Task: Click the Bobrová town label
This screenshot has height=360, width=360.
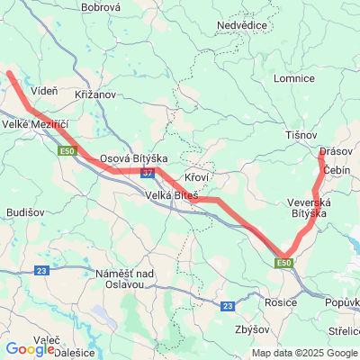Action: [x=101, y=7]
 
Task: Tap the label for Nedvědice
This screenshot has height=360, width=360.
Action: [x=244, y=25]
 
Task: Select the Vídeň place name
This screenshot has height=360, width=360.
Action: [x=44, y=91]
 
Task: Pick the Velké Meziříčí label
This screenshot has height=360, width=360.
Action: [x=35, y=124]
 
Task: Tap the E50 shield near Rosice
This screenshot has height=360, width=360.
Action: [x=284, y=262]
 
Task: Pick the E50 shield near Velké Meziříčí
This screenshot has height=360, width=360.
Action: [x=67, y=150]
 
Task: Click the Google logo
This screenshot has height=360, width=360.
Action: [x=30, y=349]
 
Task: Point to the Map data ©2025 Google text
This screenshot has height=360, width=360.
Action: [x=304, y=353]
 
